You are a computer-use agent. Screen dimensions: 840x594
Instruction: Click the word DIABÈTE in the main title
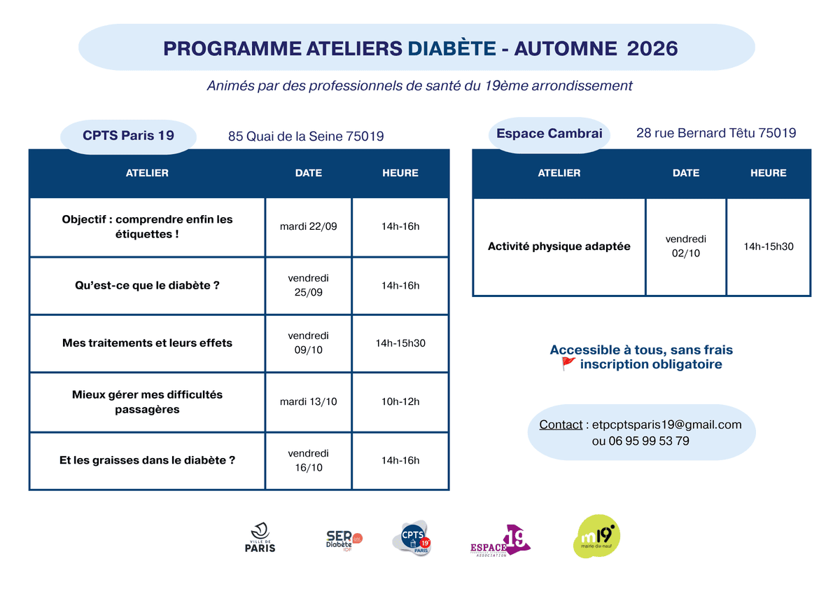[451, 48]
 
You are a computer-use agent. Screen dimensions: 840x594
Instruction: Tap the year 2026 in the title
[652, 48]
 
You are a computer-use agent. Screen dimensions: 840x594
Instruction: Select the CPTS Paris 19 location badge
[128, 136]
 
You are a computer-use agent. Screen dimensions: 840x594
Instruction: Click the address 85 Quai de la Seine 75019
[306, 136]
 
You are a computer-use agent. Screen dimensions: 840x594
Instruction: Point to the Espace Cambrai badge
[549, 134]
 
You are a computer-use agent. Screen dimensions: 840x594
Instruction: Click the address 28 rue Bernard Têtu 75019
[716, 133]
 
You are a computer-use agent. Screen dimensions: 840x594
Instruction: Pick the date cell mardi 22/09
[308, 227]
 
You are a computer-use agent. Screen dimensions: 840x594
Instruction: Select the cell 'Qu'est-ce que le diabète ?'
[147, 286]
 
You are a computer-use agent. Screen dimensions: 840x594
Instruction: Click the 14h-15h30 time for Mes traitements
[400, 343]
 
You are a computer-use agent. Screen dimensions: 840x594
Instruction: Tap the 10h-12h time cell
[400, 401]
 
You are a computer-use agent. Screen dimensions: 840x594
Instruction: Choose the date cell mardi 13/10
[308, 401]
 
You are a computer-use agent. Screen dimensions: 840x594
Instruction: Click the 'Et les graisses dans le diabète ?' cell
[147, 460]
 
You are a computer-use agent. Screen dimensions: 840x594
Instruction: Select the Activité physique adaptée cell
[559, 247]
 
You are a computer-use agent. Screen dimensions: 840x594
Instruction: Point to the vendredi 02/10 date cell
[685, 247]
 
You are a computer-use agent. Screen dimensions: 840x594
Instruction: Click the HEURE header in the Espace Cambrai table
[768, 173]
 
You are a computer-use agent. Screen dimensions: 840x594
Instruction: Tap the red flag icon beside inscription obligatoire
[568, 364]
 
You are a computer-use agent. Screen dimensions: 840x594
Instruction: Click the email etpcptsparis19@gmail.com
[666, 424]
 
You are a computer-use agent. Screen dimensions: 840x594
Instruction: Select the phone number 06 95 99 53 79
[649, 441]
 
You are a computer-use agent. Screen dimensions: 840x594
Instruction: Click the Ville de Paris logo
[260, 537]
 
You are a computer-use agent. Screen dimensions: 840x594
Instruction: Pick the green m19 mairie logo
[596, 537]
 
